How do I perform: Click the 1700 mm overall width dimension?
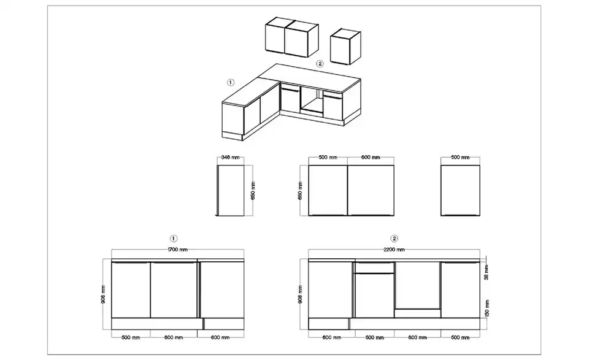click(x=178, y=250)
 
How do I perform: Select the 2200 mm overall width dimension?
click(x=394, y=250)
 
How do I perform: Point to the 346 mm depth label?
click(x=230, y=157)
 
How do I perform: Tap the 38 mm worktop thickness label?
click(x=487, y=272)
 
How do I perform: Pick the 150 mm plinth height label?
click(x=487, y=308)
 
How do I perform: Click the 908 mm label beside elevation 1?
click(x=103, y=294)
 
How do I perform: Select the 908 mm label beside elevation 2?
click(x=300, y=294)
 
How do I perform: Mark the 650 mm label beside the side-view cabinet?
click(x=253, y=190)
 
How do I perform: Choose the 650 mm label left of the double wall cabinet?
click(x=300, y=190)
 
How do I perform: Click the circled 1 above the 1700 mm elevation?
click(x=174, y=239)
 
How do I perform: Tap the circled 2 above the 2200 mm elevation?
click(x=394, y=239)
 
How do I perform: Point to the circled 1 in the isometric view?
click(x=231, y=82)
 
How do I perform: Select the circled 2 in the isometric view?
click(x=320, y=63)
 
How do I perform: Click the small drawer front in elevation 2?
click(x=374, y=267)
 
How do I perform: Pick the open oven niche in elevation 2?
click(x=417, y=285)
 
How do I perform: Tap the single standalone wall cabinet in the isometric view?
click(x=345, y=46)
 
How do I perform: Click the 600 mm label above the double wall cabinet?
click(x=371, y=157)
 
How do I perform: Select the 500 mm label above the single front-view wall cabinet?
click(x=460, y=157)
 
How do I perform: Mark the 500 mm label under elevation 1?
click(x=131, y=337)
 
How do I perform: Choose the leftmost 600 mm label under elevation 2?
click(x=332, y=337)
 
